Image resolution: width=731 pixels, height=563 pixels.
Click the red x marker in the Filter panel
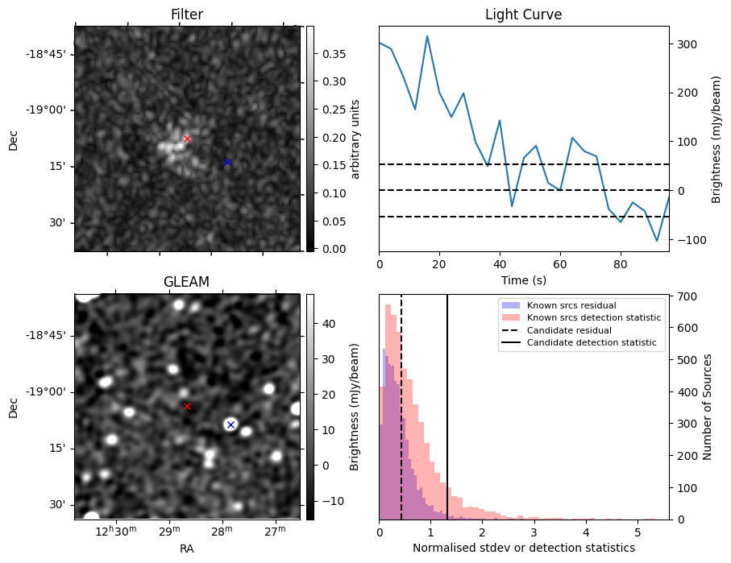pos(187,139)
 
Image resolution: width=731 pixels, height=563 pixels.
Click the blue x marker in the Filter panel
pos(227,162)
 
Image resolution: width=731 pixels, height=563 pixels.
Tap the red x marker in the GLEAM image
pos(187,406)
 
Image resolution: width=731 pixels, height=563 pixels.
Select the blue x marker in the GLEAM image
pos(231,424)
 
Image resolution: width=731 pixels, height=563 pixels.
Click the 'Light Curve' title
pos(523,14)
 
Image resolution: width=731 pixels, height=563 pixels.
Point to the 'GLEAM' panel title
pos(186,282)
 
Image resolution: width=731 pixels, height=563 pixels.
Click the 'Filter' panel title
pos(186,14)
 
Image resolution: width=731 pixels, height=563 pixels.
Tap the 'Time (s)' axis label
pos(523,279)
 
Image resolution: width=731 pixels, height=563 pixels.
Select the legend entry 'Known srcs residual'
pos(571,305)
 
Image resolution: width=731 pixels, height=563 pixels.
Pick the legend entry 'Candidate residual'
pos(568,330)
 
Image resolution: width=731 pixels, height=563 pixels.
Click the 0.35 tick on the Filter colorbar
pos(330,54)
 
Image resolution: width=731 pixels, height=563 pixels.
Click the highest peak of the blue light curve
pos(427,35)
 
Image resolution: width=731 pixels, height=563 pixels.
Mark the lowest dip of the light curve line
pos(657,241)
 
